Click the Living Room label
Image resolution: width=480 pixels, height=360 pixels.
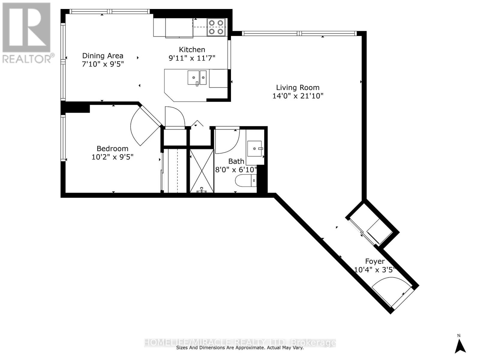pyautogui.click(x=298, y=88)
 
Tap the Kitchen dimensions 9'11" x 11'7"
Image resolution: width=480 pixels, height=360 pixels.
pyautogui.click(x=192, y=58)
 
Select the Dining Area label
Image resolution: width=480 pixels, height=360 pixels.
pyautogui.click(x=103, y=56)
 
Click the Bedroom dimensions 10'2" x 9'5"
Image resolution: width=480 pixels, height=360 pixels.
pyautogui.click(x=112, y=157)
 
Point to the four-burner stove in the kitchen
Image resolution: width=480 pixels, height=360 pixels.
pyautogui.click(x=216, y=27)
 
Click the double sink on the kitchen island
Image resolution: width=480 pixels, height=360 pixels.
pyautogui.click(x=197, y=78)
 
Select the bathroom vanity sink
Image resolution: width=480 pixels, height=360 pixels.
pyautogui.click(x=255, y=148)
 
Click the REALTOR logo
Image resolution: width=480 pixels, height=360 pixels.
pyautogui.click(x=27, y=33)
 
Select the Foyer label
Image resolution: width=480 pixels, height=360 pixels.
pyautogui.click(x=375, y=261)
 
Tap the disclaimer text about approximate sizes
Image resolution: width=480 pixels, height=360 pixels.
pyautogui.click(x=240, y=348)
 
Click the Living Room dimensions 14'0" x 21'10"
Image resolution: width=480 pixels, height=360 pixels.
pyautogui.click(x=298, y=96)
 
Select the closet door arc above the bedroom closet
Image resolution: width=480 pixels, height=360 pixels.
pyautogui.click(x=175, y=116)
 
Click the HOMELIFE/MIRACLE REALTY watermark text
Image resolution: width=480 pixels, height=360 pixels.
pyautogui.click(x=240, y=342)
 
